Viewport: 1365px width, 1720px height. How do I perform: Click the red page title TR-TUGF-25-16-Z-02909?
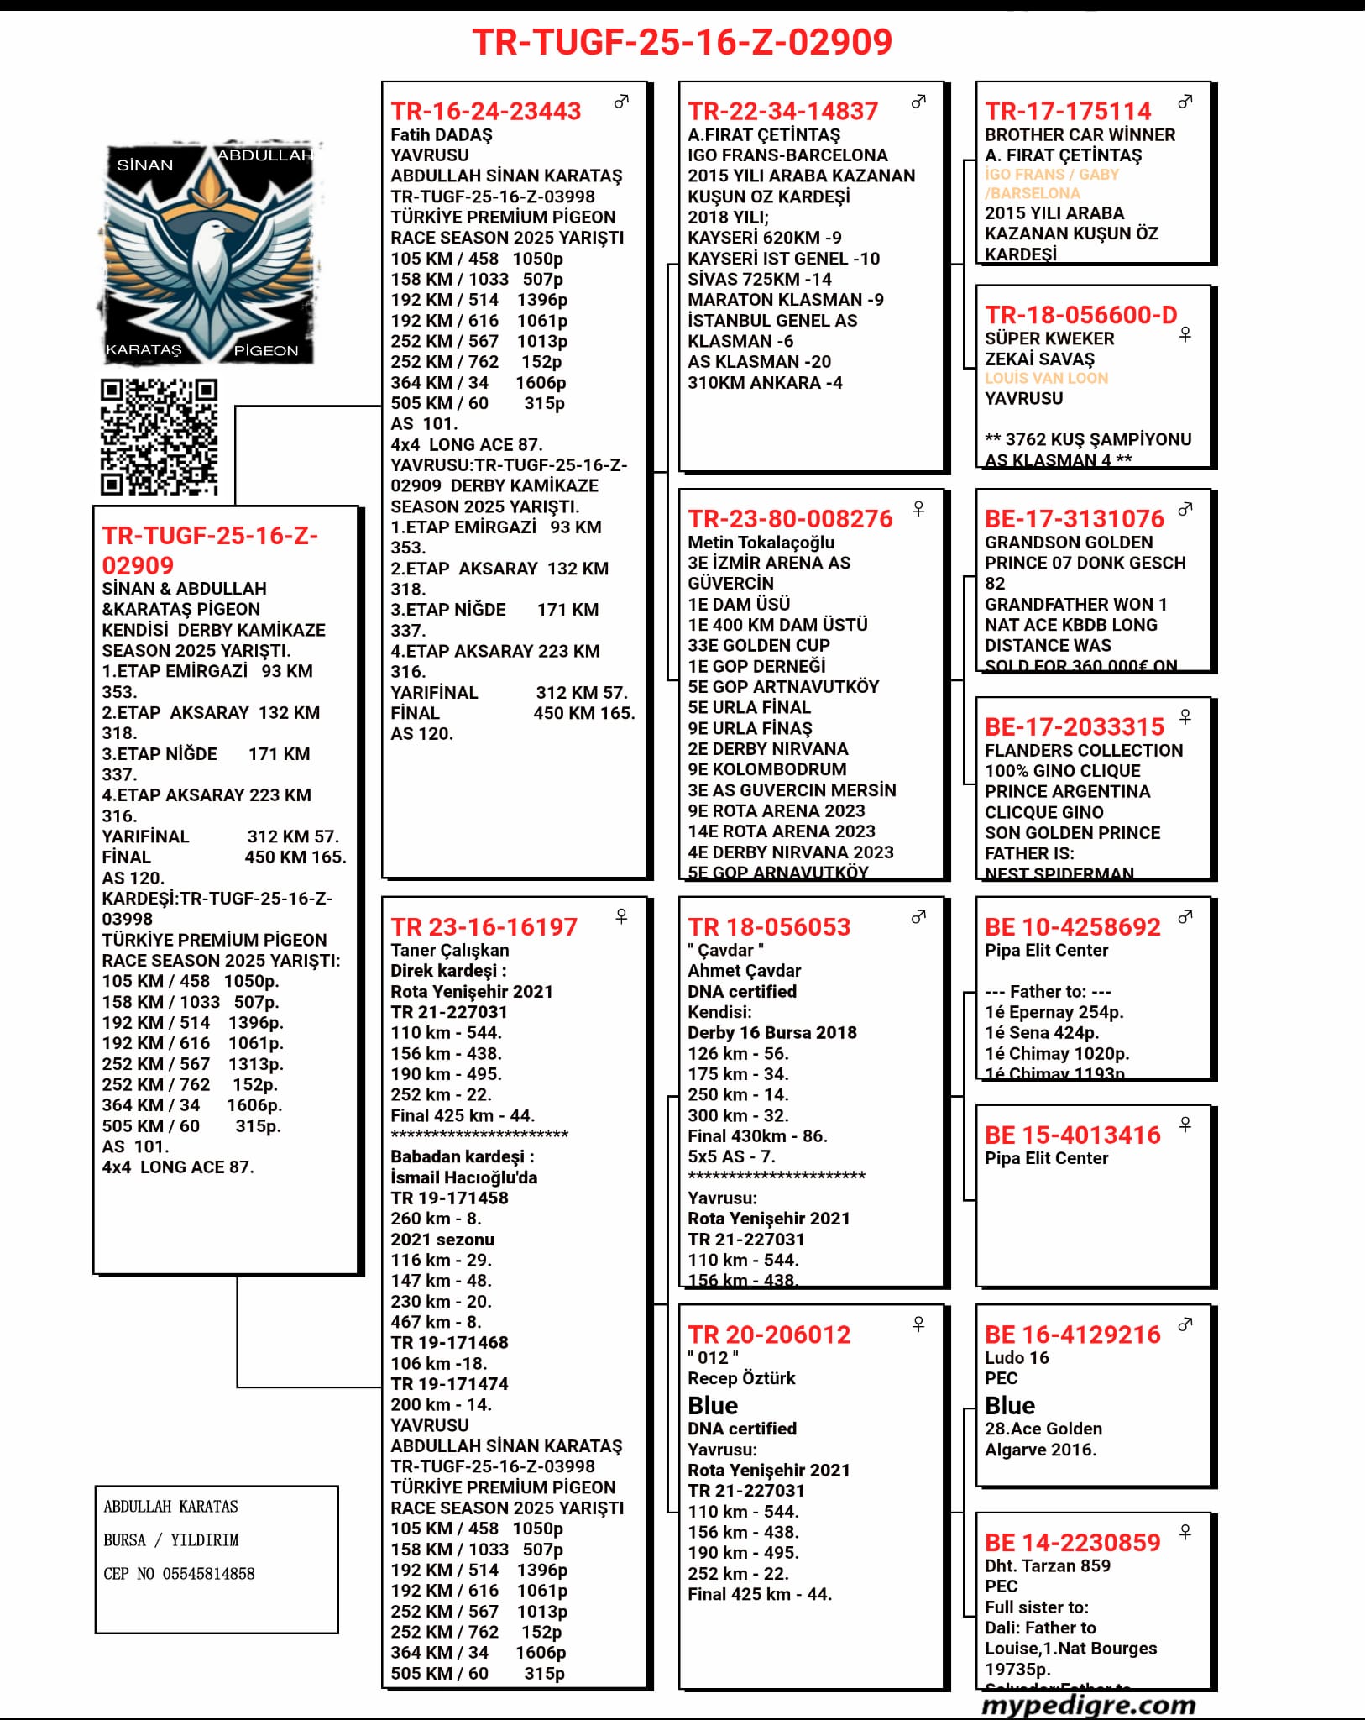682,42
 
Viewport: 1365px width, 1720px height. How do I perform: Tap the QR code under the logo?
159,437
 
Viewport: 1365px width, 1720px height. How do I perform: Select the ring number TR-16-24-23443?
485,111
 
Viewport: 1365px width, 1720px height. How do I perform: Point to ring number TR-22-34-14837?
782,111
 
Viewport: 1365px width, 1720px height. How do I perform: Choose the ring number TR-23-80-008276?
790,518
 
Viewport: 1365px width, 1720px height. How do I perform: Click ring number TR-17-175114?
1068,111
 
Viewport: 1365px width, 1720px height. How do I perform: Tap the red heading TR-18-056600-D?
1080,315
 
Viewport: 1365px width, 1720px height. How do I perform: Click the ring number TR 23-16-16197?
484,926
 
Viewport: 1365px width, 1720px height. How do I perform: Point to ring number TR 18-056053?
769,926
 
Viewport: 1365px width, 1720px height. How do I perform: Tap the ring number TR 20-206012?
769,1335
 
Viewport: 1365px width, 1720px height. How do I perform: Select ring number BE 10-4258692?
1072,926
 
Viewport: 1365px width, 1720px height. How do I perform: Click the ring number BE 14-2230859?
1072,1542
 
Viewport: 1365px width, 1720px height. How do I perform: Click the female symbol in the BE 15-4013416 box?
1185,1124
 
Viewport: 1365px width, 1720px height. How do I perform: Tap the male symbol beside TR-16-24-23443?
621,102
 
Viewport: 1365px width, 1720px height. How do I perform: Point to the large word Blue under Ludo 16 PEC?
1010,1405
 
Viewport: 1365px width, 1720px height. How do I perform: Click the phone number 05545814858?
208,1573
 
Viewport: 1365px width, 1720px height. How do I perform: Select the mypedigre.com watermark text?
1088,1705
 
